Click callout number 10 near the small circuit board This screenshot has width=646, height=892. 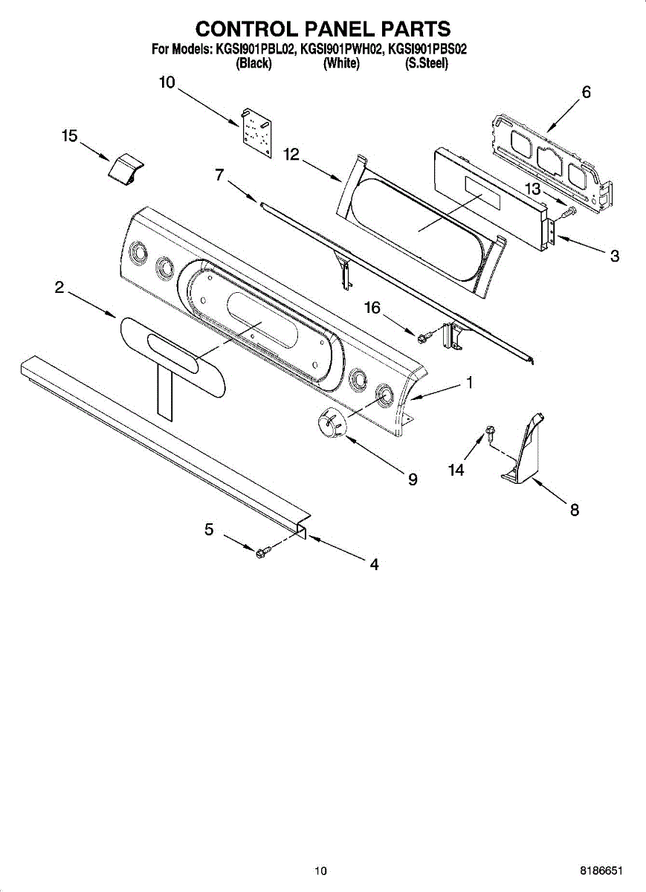pos(167,83)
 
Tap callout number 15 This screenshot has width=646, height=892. pos(69,136)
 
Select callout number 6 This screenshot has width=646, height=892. pos(586,93)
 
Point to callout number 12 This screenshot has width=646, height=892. pos(291,155)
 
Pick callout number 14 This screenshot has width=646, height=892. pos(456,470)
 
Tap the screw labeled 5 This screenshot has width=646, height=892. pos(261,553)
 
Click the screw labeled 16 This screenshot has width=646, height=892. pos(422,338)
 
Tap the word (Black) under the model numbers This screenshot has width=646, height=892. pos(253,64)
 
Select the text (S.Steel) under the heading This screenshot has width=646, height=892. pos(426,64)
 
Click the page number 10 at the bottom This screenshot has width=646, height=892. pos(320,870)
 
